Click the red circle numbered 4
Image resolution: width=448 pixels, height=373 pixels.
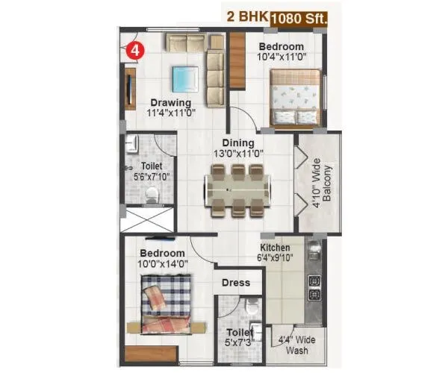click(134, 51)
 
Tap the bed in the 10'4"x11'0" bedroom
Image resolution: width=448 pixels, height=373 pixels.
click(295, 98)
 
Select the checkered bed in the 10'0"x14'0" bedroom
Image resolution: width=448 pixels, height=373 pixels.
click(166, 302)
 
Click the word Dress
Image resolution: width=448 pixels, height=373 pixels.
click(235, 283)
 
